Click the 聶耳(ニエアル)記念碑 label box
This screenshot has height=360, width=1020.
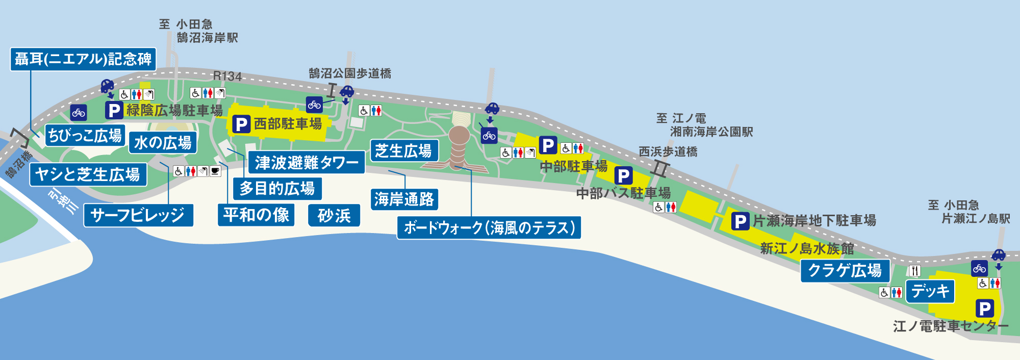click(83, 59)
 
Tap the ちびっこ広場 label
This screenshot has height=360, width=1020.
click(85, 136)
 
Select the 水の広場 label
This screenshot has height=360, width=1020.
click(163, 143)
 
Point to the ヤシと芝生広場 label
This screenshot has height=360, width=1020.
click(88, 174)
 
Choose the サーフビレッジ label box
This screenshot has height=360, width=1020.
click(138, 215)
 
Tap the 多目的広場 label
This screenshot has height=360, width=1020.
click(277, 189)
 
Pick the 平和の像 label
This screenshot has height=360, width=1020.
click(256, 215)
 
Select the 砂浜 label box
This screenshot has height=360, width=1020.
click(334, 216)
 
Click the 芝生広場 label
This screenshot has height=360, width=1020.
click(403, 151)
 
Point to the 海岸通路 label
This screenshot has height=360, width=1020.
click(404, 199)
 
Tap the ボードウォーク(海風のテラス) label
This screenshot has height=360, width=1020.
click(489, 227)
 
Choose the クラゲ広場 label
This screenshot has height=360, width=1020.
click(845, 271)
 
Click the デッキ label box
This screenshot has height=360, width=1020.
click(930, 291)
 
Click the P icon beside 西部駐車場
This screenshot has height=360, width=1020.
click(241, 124)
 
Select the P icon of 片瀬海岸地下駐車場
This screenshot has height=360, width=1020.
click(740, 221)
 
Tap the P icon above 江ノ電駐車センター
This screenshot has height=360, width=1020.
click(984, 308)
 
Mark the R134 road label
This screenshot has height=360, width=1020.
click(227, 76)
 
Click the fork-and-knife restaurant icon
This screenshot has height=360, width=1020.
click(915, 271)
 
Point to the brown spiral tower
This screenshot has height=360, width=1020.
click(458, 145)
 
